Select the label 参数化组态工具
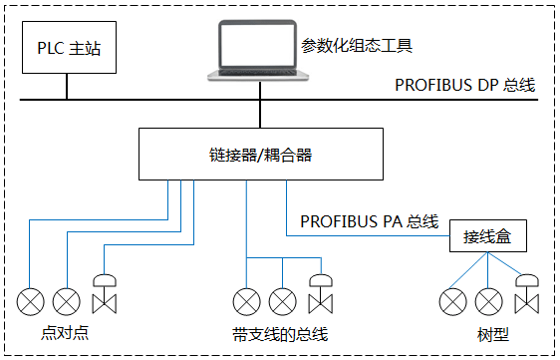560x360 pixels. tap(356, 46)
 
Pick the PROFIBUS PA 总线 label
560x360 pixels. tap(369, 220)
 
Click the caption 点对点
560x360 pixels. tap(67, 332)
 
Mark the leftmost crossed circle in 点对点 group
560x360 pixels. tap(30, 299)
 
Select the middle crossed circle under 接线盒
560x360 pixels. tap(487, 299)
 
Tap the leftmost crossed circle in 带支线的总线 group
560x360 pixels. tap(246, 299)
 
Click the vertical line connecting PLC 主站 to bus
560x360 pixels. tap(68, 85)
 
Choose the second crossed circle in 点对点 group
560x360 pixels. tap(66, 299)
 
